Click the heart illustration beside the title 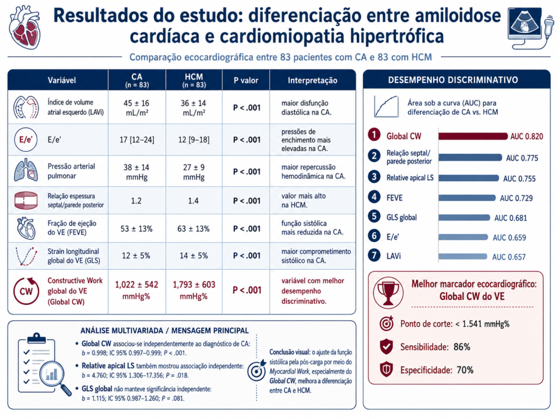(x=25, y=27)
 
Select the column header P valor (x=246, y=81)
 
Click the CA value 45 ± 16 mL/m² (x=137, y=108)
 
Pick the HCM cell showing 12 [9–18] (x=193, y=140)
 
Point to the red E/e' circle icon (x=26, y=140)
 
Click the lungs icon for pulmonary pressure (x=26, y=170)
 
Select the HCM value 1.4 (x=193, y=201)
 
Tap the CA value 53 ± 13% (x=136, y=229)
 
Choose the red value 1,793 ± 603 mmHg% (x=194, y=290)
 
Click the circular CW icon (x=26, y=291)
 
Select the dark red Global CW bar (x=473, y=136)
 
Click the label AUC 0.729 (x=517, y=198)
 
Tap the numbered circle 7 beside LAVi (x=374, y=256)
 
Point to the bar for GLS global (x=464, y=218)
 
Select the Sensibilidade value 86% (x=462, y=347)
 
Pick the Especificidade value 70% (x=465, y=370)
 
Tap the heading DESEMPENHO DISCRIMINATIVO (x=453, y=80)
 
